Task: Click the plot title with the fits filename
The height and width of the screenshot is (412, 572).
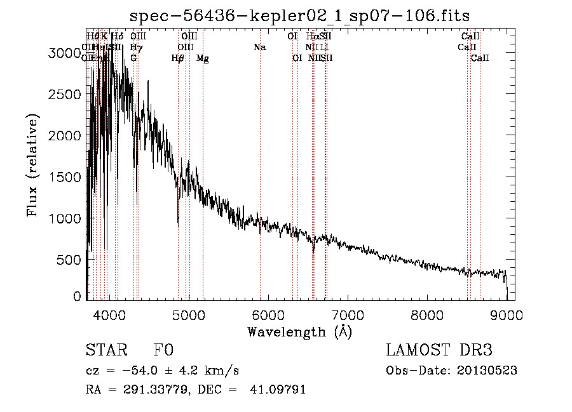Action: click(x=300, y=16)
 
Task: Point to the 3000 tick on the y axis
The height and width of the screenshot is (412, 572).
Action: click(x=65, y=53)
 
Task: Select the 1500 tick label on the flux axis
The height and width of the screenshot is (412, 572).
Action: click(x=65, y=177)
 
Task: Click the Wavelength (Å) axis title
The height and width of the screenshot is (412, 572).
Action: click(x=299, y=331)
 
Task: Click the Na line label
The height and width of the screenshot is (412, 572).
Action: click(x=259, y=47)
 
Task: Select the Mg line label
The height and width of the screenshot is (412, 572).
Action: click(x=203, y=58)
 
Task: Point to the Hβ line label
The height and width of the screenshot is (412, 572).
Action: click(x=178, y=58)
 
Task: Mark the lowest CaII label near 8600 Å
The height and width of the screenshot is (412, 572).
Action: click(x=480, y=58)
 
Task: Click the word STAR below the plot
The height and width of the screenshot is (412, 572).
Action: click(x=102, y=351)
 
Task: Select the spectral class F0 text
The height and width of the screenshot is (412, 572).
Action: click(x=163, y=351)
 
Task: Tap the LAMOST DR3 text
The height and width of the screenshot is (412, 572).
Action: click(x=439, y=351)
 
